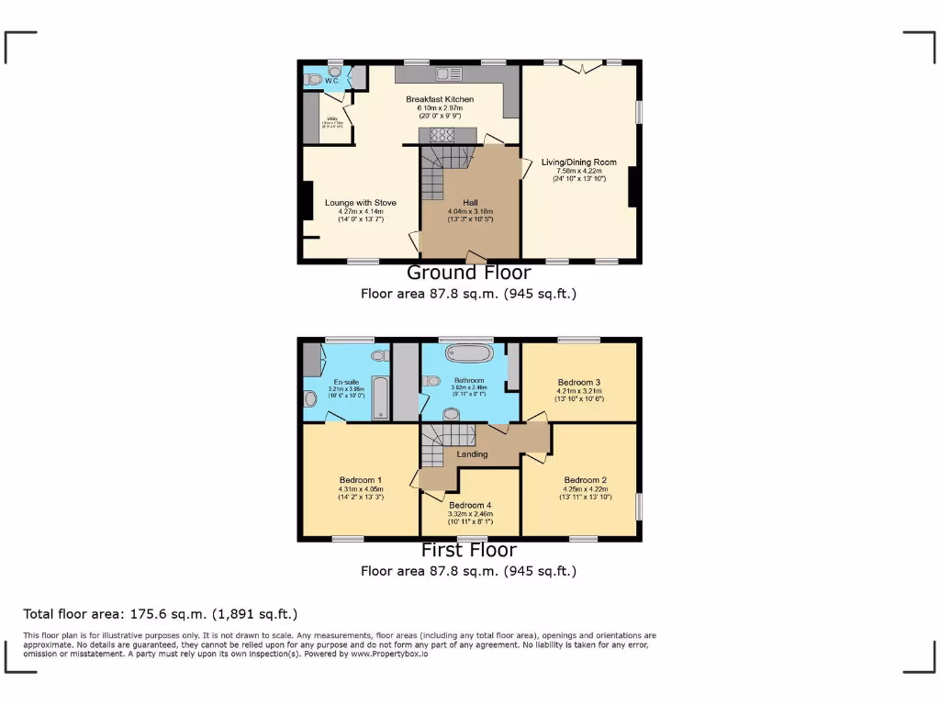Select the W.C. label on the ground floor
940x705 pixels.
[x=331, y=81]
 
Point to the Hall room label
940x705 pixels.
[x=470, y=203]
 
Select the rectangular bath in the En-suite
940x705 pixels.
[x=379, y=397]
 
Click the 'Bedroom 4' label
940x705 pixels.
[x=470, y=505]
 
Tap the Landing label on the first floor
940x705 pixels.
[x=473, y=454]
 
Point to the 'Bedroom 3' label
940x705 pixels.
[x=579, y=382]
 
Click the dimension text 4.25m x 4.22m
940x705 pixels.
[x=586, y=489]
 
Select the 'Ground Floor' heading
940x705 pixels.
[x=468, y=273]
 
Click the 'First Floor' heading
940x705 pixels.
[x=468, y=550]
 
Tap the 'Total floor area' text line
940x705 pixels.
[x=161, y=614]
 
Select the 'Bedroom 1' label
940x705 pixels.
[x=361, y=480]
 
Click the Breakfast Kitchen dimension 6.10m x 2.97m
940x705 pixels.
[x=440, y=107]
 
